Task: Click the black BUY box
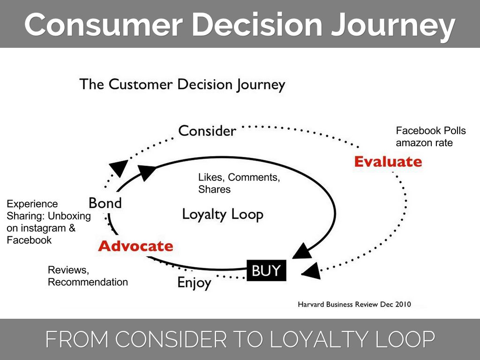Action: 266,270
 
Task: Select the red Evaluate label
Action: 388,162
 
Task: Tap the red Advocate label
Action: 135,246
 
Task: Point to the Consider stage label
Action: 207,130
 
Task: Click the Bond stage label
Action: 105,203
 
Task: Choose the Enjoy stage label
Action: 194,283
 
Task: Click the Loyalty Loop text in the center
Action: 223,215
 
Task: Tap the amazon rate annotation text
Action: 424,142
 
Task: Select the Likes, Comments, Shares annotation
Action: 239,183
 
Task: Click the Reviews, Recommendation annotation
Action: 88,276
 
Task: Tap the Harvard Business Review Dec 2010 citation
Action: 354,304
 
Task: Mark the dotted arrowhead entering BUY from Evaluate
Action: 311,270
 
